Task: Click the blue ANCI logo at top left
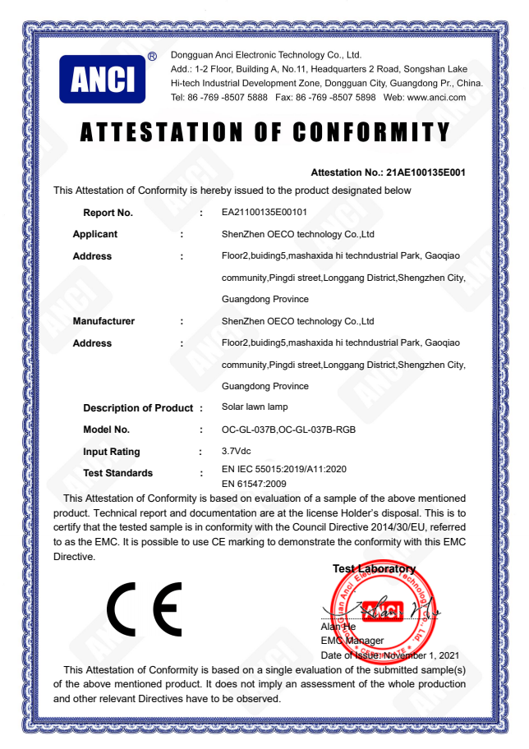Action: [x=102, y=79]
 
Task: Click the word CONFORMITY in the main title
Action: [x=371, y=132]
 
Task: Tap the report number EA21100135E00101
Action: [x=264, y=213]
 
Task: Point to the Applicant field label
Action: [x=95, y=234]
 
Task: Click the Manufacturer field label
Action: [x=103, y=321]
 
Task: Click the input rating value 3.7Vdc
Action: [x=237, y=451]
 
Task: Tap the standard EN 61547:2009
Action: [x=254, y=484]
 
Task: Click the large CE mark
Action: [x=145, y=609]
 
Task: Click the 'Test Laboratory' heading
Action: [x=374, y=569]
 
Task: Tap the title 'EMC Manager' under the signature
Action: [x=352, y=641]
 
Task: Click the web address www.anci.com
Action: [x=436, y=97]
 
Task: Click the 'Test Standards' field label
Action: [x=117, y=473]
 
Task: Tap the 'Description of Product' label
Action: [x=137, y=408]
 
